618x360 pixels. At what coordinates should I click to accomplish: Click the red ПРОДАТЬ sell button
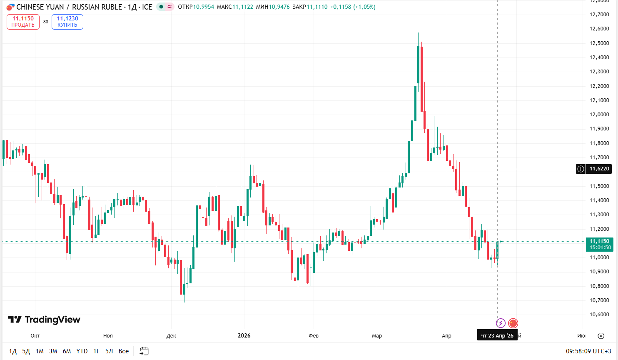(x=23, y=22)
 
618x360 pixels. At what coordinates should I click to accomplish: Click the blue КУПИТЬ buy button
(x=67, y=22)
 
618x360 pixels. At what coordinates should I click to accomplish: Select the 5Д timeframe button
(x=26, y=351)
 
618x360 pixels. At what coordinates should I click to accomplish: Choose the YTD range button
(x=82, y=351)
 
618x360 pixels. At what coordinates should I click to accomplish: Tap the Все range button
(x=124, y=351)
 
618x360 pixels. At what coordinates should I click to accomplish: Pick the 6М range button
(x=67, y=351)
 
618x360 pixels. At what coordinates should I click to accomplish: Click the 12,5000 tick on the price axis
(x=599, y=43)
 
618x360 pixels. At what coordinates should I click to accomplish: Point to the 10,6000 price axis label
(x=599, y=315)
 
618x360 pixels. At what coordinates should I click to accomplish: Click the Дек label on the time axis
(x=171, y=336)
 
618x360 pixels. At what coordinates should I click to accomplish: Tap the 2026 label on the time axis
(x=244, y=335)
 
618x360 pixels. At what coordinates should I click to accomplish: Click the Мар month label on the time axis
(x=377, y=336)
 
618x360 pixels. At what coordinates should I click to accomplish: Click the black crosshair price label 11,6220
(x=599, y=169)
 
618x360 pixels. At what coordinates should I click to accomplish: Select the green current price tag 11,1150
(x=600, y=244)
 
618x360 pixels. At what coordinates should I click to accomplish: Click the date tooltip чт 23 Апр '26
(x=497, y=335)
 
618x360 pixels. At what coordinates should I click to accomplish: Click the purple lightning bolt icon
(x=501, y=323)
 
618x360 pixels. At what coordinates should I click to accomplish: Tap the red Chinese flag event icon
(x=513, y=323)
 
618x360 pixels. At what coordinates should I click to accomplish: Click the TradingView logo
(x=44, y=320)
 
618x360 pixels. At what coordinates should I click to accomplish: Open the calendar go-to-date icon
(x=144, y=351)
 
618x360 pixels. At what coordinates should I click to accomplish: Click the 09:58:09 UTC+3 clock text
(x=588, y=351)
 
